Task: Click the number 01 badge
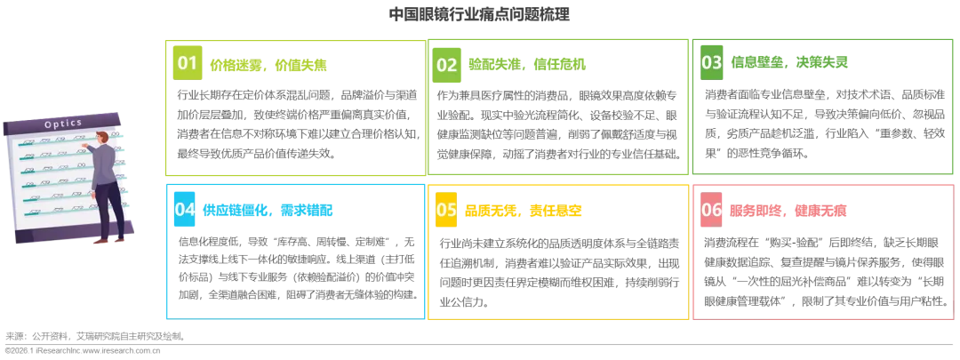(187, 63)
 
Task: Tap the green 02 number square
(446, 64)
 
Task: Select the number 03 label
(712, 62)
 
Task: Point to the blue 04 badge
(185, 210)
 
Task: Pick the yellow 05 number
(446, 210)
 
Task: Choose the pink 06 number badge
(712, 210)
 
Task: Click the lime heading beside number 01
(268, 66)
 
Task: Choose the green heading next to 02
(527, 65)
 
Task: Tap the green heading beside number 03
(790, 62)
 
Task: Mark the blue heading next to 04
(268, 211)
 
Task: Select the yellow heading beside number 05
(524, 211)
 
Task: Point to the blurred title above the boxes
(480, 13)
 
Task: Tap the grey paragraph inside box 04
(294, 269)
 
